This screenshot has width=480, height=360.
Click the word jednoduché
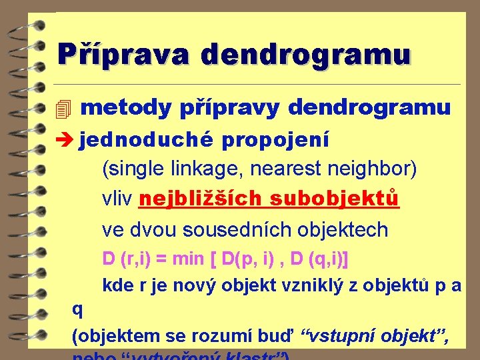(x=145, y=139)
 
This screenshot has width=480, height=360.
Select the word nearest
(x=285, y=169)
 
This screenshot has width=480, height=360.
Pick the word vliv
(x=117, y=199)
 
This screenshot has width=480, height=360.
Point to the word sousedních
(x=236, y=229)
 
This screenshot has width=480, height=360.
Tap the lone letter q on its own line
(x=77, y=309)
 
